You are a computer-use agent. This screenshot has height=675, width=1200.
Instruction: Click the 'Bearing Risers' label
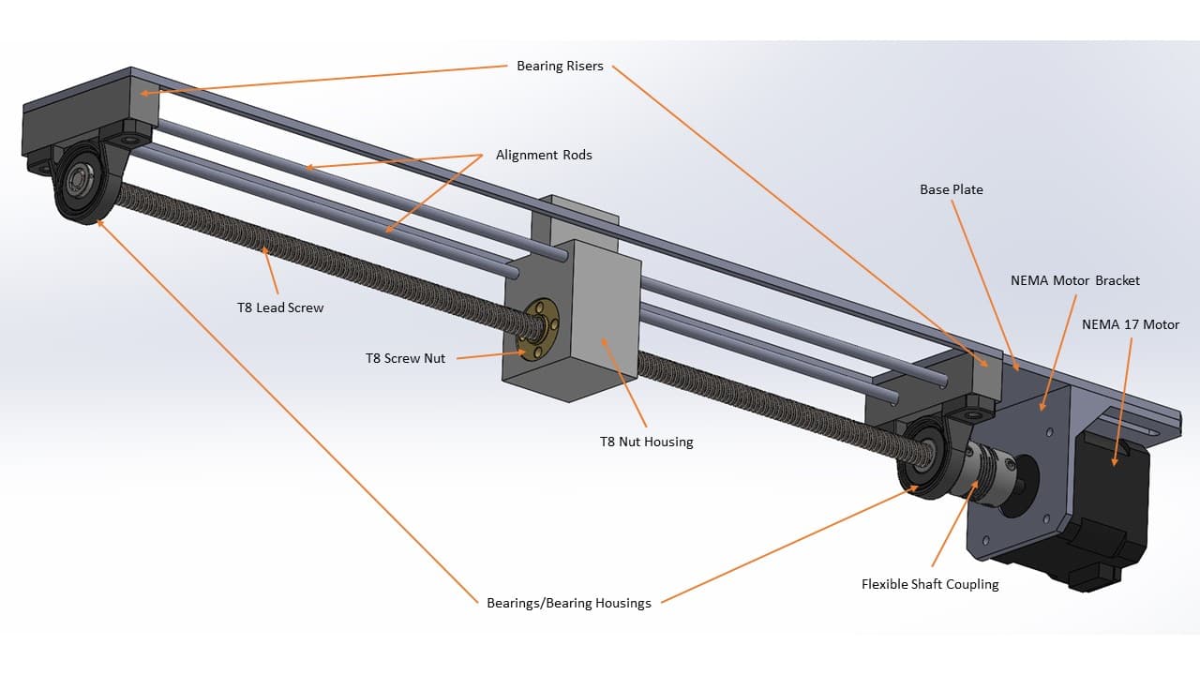coord(560,66)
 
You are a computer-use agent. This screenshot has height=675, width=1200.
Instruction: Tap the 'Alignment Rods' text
coord(544,155)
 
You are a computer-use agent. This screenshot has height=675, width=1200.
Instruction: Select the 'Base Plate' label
coord(951,189)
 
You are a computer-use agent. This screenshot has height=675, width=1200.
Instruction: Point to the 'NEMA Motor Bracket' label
coord(1074,280)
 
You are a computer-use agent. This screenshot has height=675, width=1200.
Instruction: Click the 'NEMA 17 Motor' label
coord(1130,324)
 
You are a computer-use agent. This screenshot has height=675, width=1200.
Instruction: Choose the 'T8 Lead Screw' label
coord(279,307)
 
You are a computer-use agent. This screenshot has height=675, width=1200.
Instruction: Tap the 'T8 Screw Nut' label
coord(405,358)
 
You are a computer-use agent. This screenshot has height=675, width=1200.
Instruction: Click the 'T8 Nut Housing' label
coord(646,442)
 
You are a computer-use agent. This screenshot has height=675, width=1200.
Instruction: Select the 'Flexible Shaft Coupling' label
coord(930,584)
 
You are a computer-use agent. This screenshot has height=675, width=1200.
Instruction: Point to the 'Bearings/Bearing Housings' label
coord(568,603)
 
